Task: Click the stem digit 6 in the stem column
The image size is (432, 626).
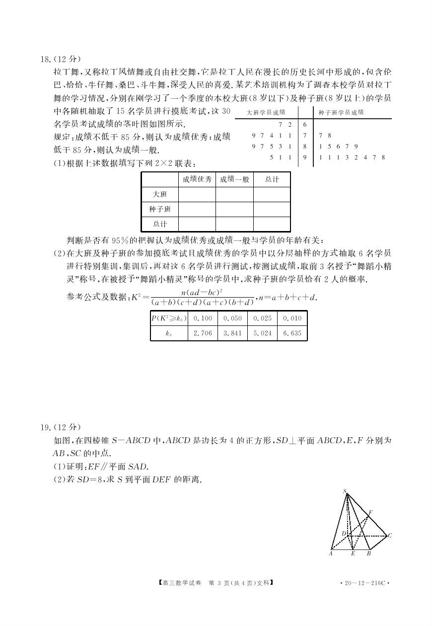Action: (304, 124)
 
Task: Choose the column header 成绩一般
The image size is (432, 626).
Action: (234, 179)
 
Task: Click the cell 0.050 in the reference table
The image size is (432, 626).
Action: (232, 318)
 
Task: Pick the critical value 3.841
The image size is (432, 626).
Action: (232, 333)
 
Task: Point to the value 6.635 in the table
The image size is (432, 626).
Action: (292, 333)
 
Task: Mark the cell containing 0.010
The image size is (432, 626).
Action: (292, 318)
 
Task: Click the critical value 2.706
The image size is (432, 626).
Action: (203, 333)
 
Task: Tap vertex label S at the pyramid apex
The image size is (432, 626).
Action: (345, 491)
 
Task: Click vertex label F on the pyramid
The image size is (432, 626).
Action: (370, 512)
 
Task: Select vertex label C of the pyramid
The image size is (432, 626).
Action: (390, 536)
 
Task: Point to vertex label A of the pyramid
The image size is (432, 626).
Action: (331, 553)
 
